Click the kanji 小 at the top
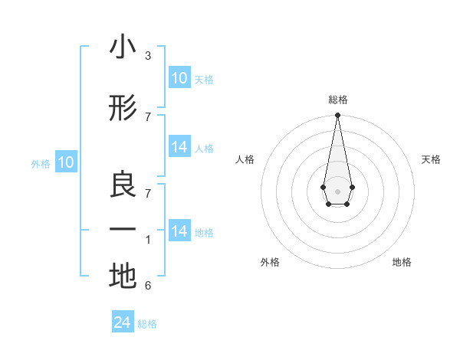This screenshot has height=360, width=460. tap(123, 47)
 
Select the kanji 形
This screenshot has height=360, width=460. tap(123, 109)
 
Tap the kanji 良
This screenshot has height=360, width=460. tap(123, 184)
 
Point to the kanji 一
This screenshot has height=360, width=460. tap(123, 229)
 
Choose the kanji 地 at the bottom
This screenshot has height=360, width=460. tap(123, 276)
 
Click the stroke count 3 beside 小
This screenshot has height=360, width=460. tap(148, 56)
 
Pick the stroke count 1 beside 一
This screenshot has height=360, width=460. tap(148, 240)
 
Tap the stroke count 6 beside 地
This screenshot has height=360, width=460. tap(148, 286)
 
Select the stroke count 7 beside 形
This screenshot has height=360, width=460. tap(148, 116)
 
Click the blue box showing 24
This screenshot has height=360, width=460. tap(123, 323)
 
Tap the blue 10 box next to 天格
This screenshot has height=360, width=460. tap(179, 78)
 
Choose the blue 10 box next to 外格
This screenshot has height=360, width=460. tap(66, 162)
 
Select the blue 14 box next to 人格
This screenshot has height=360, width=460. tap(179, 148)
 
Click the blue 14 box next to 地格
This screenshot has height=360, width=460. tap(179, 231)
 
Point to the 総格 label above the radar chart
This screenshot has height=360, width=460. tap(337, 100)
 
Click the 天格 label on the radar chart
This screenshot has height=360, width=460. tap(431, 159)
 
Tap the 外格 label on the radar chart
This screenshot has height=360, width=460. tap(269, 262)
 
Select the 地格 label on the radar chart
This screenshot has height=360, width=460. tap(402, 262)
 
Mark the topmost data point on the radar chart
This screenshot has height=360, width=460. tap(337, 116)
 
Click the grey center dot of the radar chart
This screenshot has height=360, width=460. tap(337, 191)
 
